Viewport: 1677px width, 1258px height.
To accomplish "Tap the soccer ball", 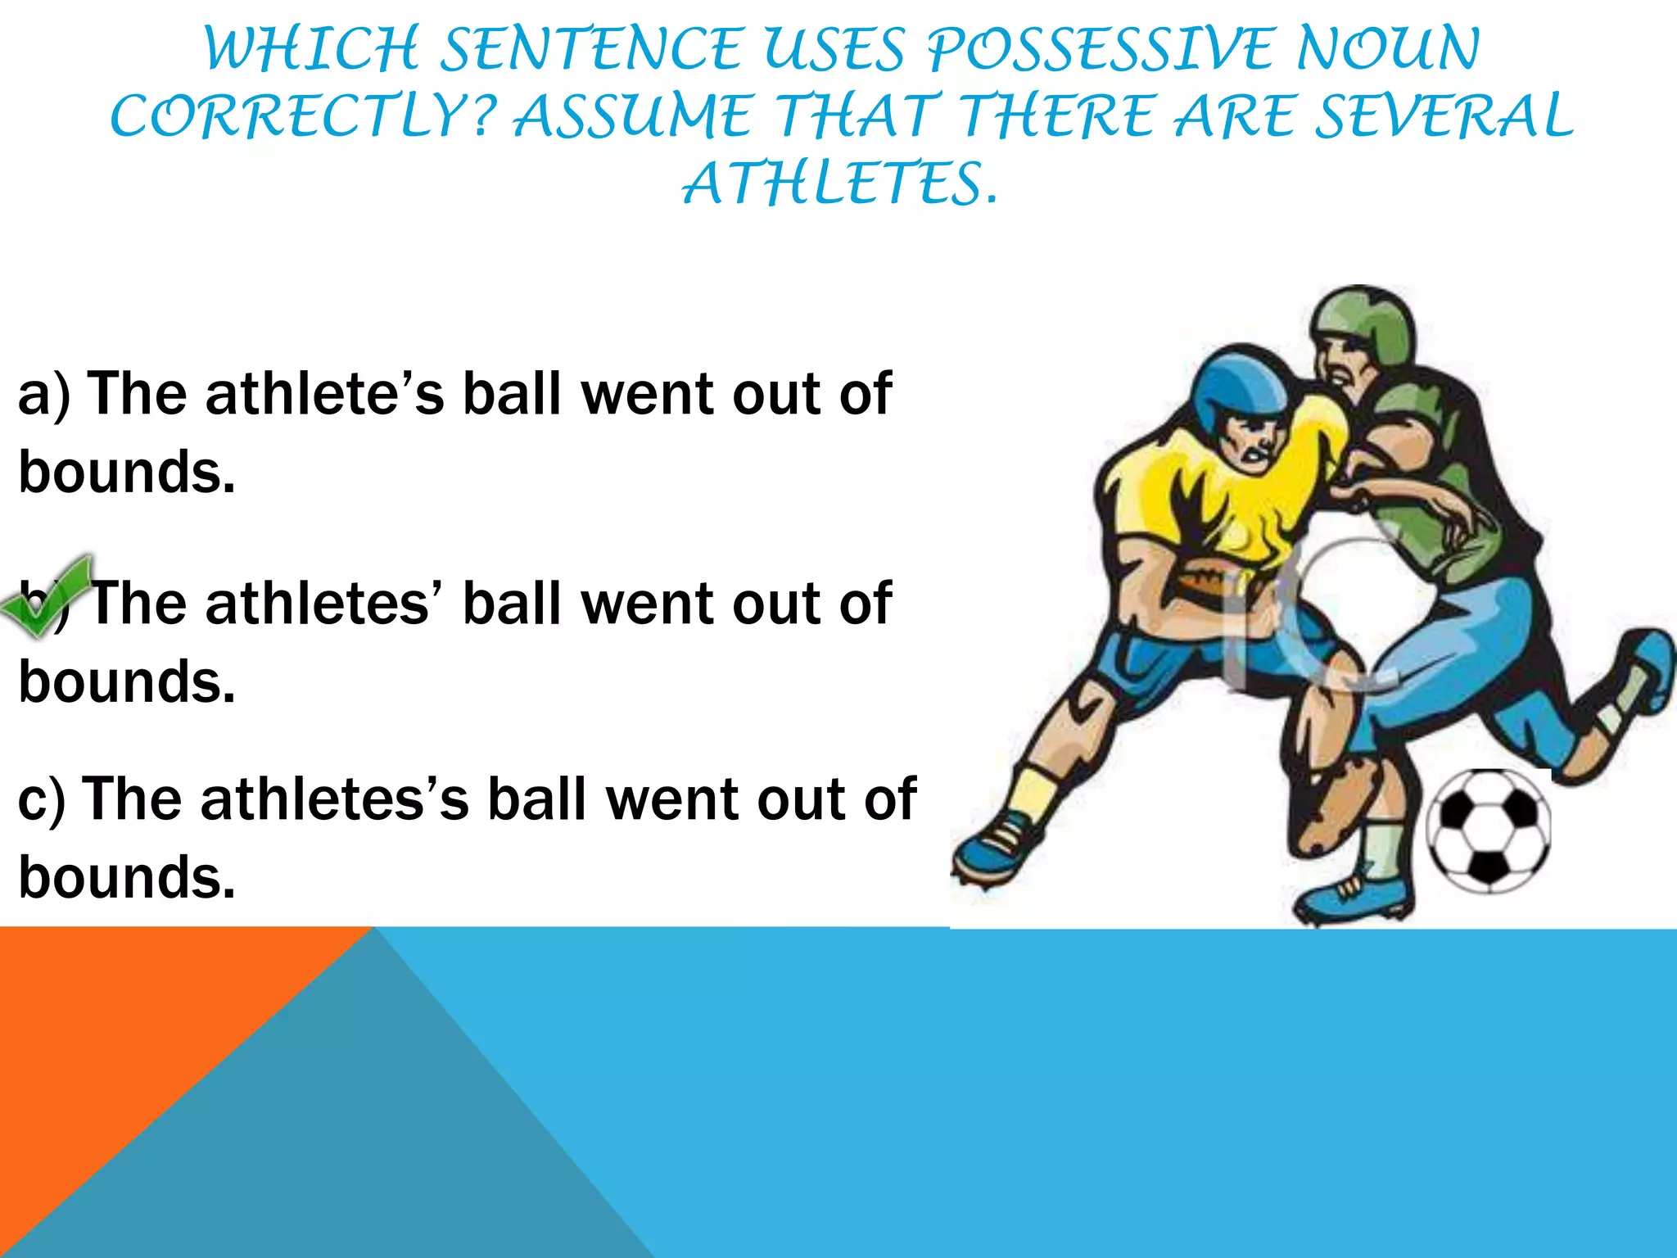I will point(1489,830).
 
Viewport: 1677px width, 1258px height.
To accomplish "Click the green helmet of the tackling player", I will point(1363,324).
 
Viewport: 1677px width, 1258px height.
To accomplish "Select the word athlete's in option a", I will point(324,395).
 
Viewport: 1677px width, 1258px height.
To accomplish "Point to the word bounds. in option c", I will point(127,878).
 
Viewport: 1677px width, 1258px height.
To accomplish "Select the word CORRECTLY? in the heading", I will point(304,116).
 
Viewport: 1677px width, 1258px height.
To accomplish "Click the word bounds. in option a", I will point(127,473).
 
